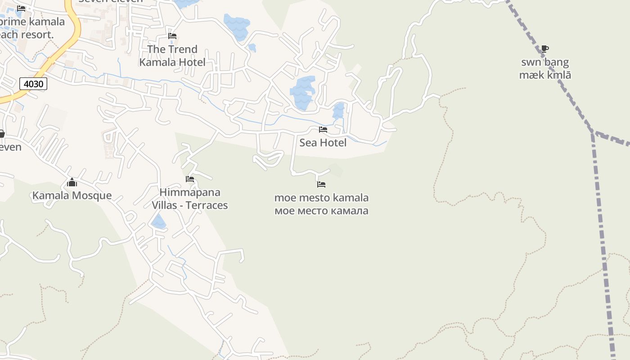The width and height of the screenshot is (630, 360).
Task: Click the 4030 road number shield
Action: coord(34,84)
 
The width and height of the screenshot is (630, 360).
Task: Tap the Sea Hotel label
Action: coord(323,143)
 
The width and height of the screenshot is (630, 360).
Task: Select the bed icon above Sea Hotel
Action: coord(323,130)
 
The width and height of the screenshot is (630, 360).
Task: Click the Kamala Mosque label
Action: coord(72,195)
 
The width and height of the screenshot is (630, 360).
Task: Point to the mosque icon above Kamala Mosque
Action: coord(72,182)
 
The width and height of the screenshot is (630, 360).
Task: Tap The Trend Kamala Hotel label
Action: coord(172,56)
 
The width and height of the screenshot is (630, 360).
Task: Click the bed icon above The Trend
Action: coord(172,36)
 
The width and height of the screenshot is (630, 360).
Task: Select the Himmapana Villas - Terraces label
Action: coord(190,199)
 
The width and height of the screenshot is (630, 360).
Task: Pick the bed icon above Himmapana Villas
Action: coord(190,179)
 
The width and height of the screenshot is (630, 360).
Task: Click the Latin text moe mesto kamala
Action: coord(321,198)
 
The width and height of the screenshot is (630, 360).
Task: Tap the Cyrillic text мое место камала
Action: coord(321,211)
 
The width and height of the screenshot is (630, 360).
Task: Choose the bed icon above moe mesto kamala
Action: coord(321,184)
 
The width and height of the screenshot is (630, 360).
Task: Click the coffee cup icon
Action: coord(545,49)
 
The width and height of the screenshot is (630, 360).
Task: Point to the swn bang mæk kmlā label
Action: coord(545,68)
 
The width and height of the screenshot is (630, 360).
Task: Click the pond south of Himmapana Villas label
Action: coord(158,222)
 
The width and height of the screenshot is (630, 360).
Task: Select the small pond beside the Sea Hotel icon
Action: coord(338,110)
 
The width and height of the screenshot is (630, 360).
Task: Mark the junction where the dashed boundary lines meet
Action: coord(593,132)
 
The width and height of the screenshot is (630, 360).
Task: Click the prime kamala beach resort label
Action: coord(31,28)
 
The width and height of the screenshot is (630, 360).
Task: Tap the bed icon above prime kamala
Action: coord(21,9)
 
